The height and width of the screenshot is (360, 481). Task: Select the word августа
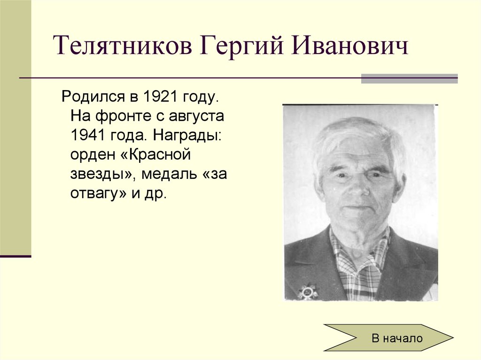[x=196, y=117]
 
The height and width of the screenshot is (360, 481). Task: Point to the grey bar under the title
[x=409, y=78]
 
